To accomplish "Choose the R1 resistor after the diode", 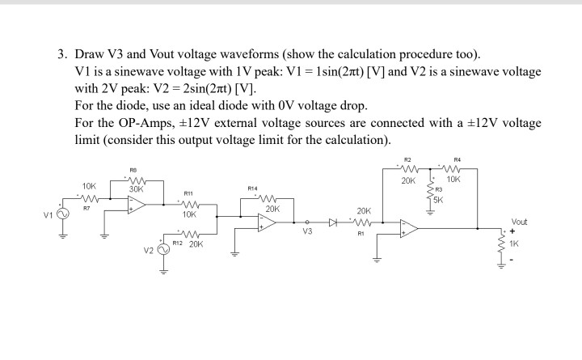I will click(x=362, y=221).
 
